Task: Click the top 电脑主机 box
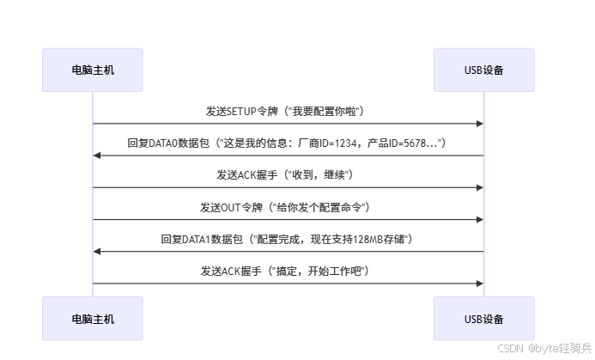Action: point(93,70)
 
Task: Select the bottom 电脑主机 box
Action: point(93,319)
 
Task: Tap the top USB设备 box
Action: point(483,70)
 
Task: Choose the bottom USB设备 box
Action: point(483,319)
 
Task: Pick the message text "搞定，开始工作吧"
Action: point(319,271)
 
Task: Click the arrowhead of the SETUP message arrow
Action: point(479,124)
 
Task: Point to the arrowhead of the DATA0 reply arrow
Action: point(98,156)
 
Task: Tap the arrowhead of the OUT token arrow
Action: point(479,219)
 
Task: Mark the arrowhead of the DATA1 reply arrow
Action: point(98,251)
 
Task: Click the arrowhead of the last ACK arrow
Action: point(479,283)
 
